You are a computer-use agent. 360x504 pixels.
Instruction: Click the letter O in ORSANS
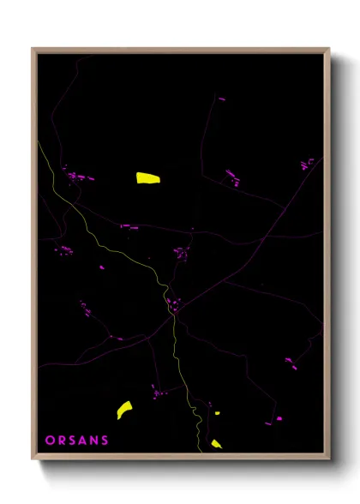pyautogui.click(x=50, y=441)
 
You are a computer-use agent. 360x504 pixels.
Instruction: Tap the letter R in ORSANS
pyautogui.click(x=62, y=441)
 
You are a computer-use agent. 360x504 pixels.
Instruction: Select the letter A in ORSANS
pyautogui.click(x=84, y=441)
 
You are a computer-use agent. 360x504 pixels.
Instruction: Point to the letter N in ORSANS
pyautogui.click(x=94, y=441)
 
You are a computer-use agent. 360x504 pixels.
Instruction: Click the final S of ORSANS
pyautogui.click(x=105, y=441)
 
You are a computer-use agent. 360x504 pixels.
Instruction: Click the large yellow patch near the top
pyautogui.click(x=148, y=178)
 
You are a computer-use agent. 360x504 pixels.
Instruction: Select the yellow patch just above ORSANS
pyautogui.click(x=124, y=410)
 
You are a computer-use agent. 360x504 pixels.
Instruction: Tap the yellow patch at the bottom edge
pyautogui.click(x=216, y=444)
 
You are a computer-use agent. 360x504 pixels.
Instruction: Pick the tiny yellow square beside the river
pyautogui.click(x=217, y=413)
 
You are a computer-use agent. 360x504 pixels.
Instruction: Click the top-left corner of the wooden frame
pyautogui.click(x=33, y=49)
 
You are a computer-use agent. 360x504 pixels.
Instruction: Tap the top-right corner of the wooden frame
pyautogui.click(x=329, y=49)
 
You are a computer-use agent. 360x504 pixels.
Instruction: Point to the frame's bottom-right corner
pyautogui.click(x=329, y=460)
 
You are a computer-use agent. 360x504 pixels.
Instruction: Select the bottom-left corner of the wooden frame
pyautogui.click(x=33, y=460)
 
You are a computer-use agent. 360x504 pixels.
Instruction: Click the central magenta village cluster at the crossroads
pyautogui.click(x=175, y=303)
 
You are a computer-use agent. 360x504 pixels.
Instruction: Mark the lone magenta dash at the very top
pyautogui.click(x=222, y=99)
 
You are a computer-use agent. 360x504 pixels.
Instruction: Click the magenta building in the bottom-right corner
pyautogui.click(x=279, y=418)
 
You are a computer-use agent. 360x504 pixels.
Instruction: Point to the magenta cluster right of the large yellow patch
pyautogui.click(x=231, y=177)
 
